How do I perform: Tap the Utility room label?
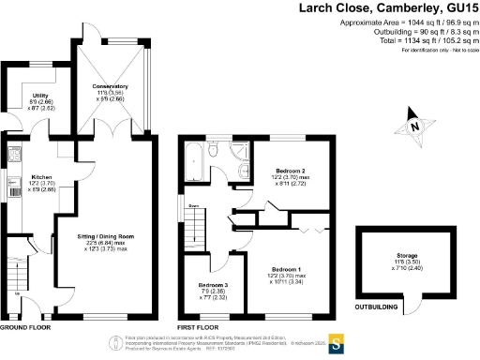[x=39, y=96]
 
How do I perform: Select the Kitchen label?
[x=41, y=176]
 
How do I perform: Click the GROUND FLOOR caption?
[x=24, y=329]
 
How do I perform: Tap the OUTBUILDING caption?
[x=379, y=305]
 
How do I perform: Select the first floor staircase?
[x=193, y=225]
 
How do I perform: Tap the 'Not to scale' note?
[x=449, y=49]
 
